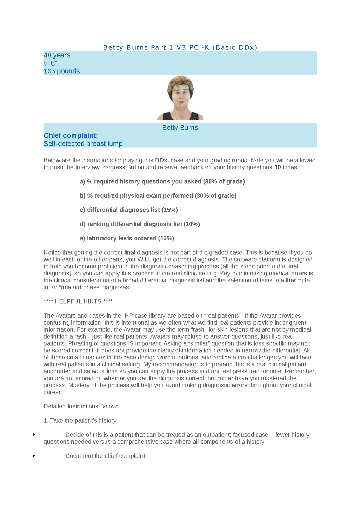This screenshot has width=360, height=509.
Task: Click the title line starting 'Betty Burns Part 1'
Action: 180,47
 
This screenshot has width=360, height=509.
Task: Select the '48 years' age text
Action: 57,55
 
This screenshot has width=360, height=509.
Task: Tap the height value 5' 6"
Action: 50,63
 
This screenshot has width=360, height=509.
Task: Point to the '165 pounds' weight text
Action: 62,71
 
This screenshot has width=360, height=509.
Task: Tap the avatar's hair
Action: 180,82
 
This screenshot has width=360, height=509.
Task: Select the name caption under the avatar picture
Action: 180,128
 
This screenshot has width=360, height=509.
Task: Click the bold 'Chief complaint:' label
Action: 71,135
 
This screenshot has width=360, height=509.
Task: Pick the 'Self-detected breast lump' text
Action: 83,144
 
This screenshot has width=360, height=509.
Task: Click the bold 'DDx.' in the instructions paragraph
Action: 162,160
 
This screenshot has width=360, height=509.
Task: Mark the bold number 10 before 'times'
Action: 277,167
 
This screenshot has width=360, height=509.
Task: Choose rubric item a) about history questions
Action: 162,181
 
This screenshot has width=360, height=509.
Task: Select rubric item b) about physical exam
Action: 158,196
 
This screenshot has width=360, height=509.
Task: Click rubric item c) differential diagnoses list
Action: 129,210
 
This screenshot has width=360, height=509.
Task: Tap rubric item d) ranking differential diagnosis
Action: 140,224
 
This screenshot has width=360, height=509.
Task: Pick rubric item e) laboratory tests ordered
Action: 127,238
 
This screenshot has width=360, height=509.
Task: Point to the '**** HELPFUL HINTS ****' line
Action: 78,301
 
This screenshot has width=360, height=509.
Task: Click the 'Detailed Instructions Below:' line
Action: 81,406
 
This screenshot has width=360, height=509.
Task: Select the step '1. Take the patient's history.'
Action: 80,420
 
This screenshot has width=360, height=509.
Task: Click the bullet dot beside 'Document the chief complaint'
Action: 34,456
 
